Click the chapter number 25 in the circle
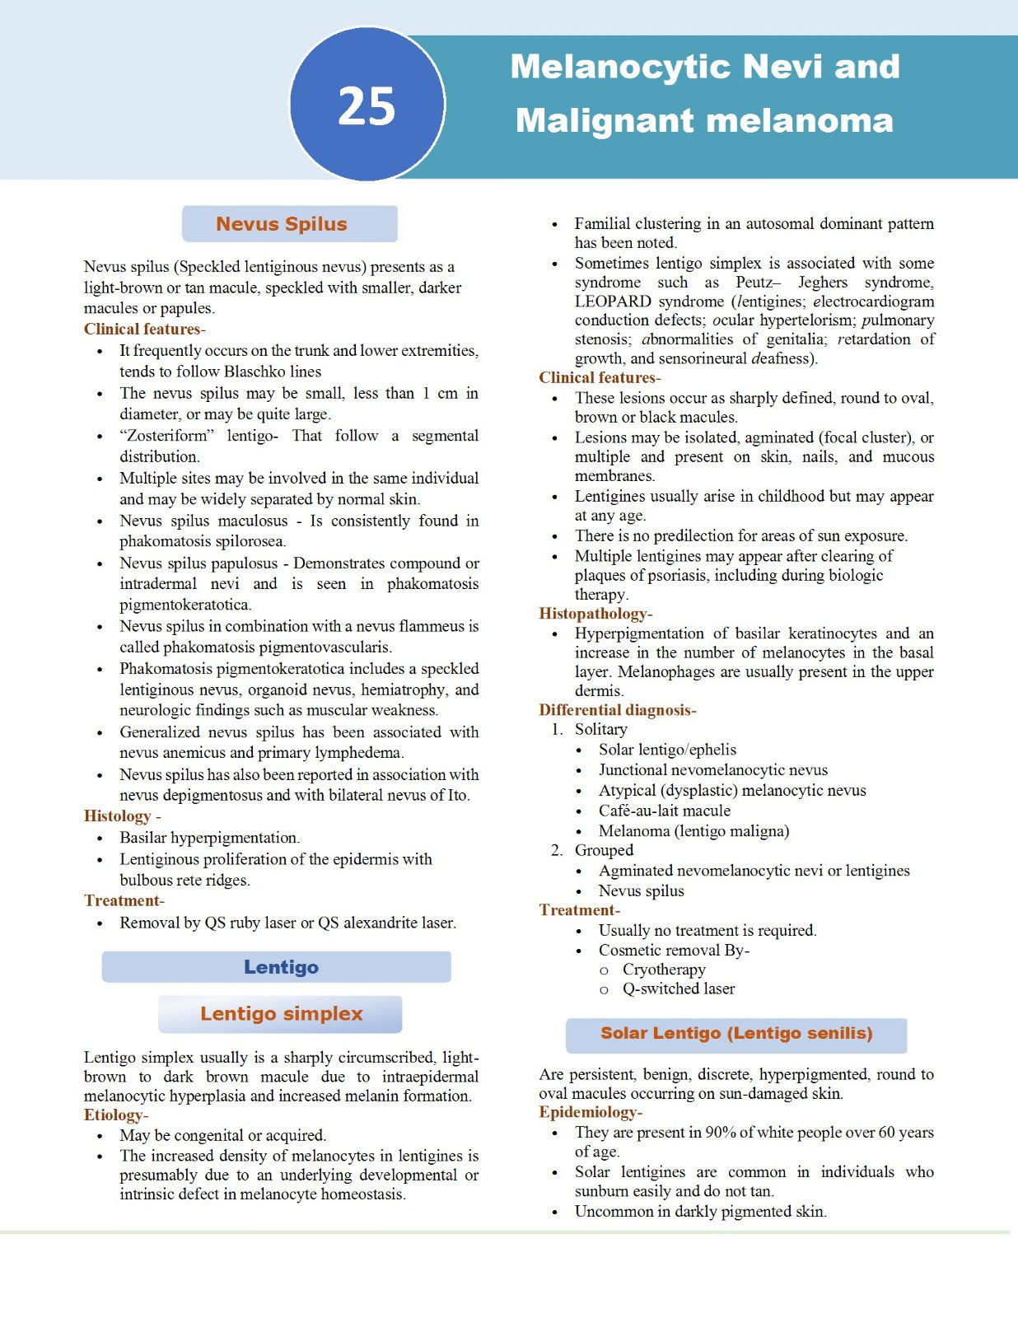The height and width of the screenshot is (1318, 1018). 367,106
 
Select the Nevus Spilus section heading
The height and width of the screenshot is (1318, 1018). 282,224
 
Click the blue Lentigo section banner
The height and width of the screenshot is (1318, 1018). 281,967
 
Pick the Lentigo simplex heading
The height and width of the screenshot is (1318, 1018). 281,1014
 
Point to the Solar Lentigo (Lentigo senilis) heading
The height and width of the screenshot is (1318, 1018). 736,1034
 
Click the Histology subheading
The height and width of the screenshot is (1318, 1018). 118,816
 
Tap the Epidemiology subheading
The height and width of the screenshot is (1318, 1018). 588,1113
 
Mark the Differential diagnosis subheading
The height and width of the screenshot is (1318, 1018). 615,710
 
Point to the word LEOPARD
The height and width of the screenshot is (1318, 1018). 613,301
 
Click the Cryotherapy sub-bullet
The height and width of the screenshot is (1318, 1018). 664,970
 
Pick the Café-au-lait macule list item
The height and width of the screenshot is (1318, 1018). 664,811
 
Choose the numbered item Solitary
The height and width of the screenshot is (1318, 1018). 600,730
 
